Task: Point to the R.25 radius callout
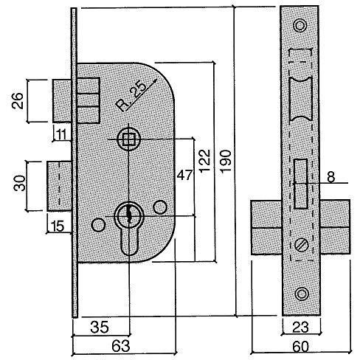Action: pyautogui.click(x=131, y=95)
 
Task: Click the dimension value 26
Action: pyautogui.click(x=21, y=101)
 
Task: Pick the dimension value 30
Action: pyautogui.click(x=21, y=183)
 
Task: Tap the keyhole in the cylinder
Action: pyautogui.click(x=128, y=215)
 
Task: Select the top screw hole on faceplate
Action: pyautogui.click(x=299, y=27)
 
